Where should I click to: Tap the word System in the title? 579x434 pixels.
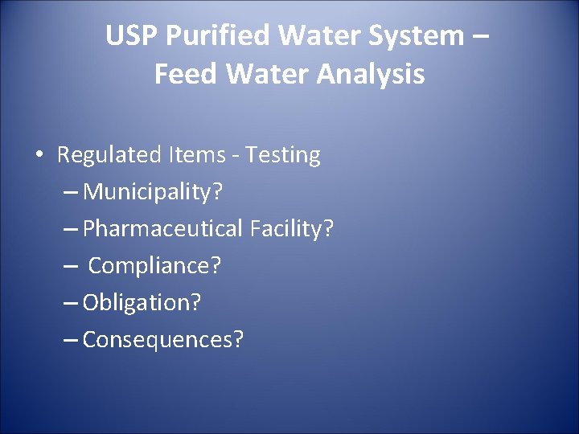pos(421,36)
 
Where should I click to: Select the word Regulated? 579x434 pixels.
pos(110,155)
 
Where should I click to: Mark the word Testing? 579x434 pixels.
pos(283,155)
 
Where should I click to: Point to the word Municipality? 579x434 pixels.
pos(153,192)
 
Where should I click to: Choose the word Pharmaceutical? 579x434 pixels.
pos(162,229)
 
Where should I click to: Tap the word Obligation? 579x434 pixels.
pos(142,303)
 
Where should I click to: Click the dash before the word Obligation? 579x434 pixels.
pos(70,304)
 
